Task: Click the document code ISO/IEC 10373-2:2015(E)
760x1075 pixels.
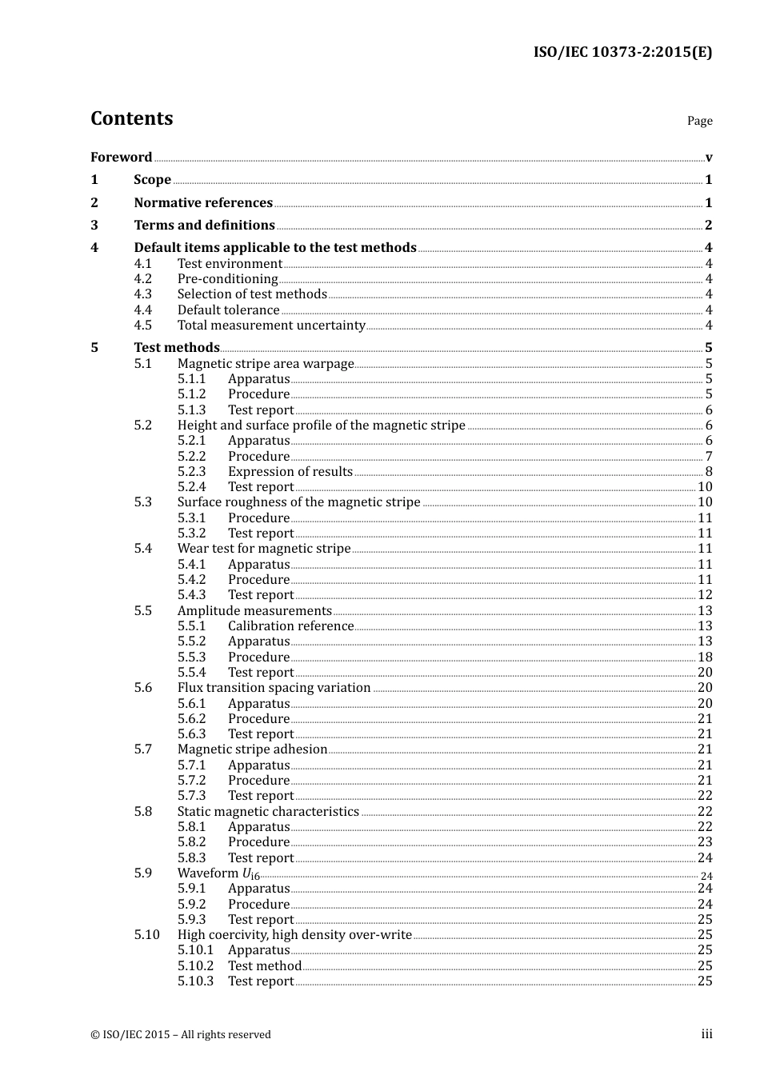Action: coord(622,52)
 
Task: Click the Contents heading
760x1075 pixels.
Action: coord(131,118)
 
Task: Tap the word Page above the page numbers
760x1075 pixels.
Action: coord(699,121)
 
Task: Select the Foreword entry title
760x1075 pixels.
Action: coord(121,157)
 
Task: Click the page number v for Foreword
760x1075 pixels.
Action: coord(709,157)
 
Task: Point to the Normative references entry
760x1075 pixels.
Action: coord(203,202)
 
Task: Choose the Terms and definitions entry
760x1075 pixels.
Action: coord(204,225)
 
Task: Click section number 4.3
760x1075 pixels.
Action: coord(142,294)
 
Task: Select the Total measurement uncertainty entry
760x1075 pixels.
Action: coord(271,325)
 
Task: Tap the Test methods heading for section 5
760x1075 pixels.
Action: coord(177,347)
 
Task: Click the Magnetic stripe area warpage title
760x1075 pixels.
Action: coord(266,363)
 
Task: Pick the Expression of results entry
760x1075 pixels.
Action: coord(290,471)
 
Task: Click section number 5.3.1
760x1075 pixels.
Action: coord(191,518)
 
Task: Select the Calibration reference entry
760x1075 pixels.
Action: coord(290,625)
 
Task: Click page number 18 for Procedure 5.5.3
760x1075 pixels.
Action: coord(705,657)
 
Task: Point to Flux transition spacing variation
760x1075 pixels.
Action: coord(274,687)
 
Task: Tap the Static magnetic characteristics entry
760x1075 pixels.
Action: coord(268,811)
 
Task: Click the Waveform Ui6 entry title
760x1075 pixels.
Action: coord(218,873)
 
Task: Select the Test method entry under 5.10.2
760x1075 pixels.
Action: coord(265,965)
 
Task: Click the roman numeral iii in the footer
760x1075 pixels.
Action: coord(706,1034)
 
